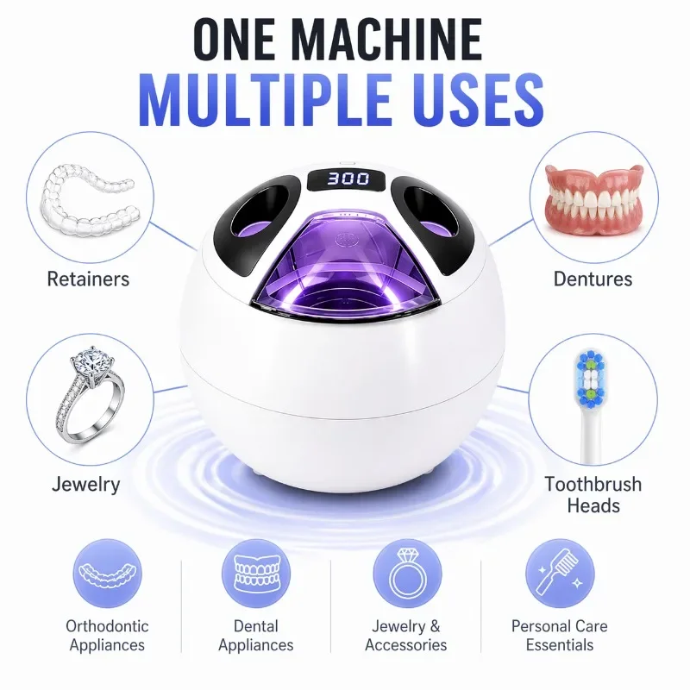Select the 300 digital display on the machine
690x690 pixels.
point(348,179)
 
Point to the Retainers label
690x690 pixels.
point(88,279)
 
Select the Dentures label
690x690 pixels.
point(593,279)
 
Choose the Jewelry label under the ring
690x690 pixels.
point(85,485)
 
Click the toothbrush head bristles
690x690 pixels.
point(590,378)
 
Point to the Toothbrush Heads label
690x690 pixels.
point(593,495)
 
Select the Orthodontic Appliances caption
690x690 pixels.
point(107,636)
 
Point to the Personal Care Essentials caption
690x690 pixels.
point(559,636)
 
